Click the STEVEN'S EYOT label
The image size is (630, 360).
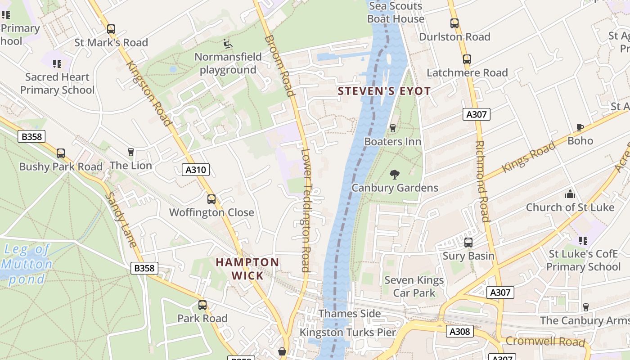pos(384,91)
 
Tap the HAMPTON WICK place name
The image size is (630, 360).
pos(247,269)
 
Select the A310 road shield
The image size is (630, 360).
pos(196,170)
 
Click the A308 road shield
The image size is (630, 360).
pos(460,332)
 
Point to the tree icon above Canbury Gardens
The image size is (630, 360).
pos(395,175)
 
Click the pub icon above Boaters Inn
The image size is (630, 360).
pos(392,128)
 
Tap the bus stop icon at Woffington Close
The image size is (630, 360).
pos(211,199)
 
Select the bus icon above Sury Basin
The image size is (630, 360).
pos(468,243)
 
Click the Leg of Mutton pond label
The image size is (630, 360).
pos(27,264)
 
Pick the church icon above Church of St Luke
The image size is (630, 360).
pos(570,194)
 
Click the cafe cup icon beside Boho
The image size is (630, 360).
pos(580,128)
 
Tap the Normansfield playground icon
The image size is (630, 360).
pos(228,44)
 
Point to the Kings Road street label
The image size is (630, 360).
pos(529,157)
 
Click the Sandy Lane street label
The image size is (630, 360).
pos(121,220)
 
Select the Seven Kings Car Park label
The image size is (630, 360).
pos(414,287)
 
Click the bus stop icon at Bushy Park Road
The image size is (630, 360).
pos(61,153)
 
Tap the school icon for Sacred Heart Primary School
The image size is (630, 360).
pos(57,64)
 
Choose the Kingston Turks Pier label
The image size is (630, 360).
pos(348,333)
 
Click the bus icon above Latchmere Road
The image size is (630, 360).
pos(467,59)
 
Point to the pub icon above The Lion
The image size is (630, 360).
pos(131,152)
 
